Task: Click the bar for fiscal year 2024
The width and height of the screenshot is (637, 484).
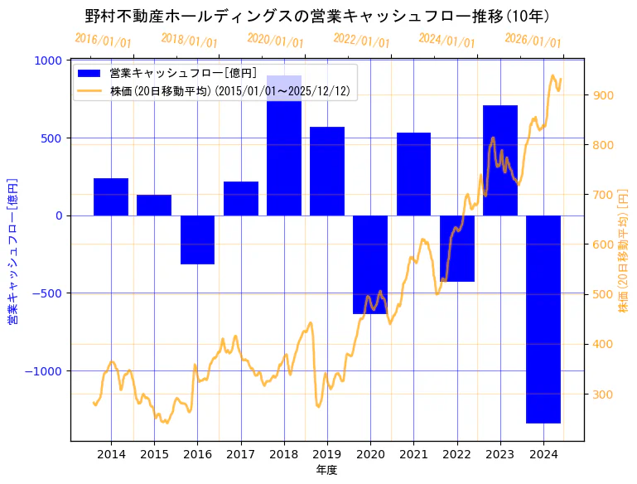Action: tap(543, 319)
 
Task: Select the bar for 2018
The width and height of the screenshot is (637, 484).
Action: tap(283, 145)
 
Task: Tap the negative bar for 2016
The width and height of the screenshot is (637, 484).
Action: tap(197, 240)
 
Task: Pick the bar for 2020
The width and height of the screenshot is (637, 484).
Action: tap(369, 264)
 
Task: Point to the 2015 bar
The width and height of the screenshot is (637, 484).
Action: tap(154, 205)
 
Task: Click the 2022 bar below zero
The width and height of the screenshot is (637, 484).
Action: tap(456, 249)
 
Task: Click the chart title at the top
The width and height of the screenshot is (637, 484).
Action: tap(318, 16)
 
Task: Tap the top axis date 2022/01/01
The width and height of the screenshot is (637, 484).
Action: tap(361, 40)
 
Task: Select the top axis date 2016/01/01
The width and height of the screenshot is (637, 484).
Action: tap(103, 40)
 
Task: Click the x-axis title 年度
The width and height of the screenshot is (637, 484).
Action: tap(326, 470)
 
